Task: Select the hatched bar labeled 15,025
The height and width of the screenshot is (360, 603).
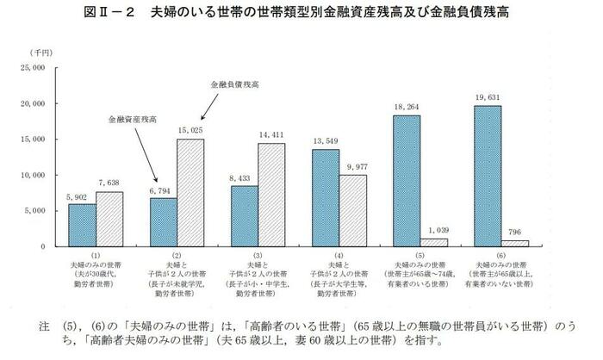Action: pyautogui.click(x=190, y=193)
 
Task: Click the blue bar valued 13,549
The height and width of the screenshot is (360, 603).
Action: pyautogui.click(x=325, y=198)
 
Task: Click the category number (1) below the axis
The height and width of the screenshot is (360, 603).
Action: pyautogui.click(x=96, y=256)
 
